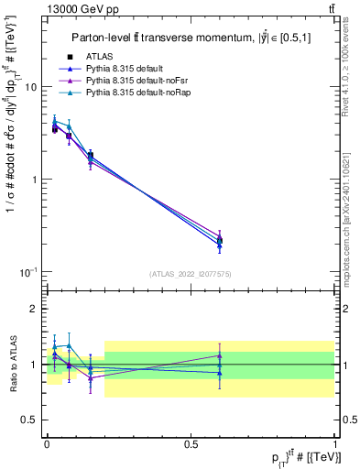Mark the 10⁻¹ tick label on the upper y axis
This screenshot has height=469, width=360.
(x=31, y=272)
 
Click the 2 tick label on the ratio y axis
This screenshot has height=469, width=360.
(x=36, y=309)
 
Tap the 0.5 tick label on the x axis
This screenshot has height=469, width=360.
(x=191, y=442)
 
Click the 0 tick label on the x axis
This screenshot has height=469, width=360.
(x=47, y=442)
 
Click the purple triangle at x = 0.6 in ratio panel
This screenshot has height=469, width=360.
(x=219, y=355)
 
